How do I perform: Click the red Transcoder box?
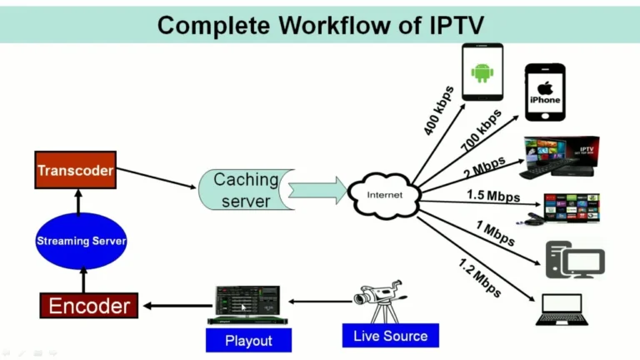[75, 171]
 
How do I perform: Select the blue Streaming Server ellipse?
[81, 241]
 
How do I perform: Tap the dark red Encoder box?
[89, 306]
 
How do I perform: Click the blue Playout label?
[248, 340]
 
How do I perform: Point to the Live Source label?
[389, 336]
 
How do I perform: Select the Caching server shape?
[244, 191]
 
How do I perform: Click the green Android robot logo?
[482, 72]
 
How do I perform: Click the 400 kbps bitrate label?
[438, 110]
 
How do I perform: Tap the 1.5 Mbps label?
[492, 196]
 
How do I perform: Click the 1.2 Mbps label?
[480, 277]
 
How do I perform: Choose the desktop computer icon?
[574, 259]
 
